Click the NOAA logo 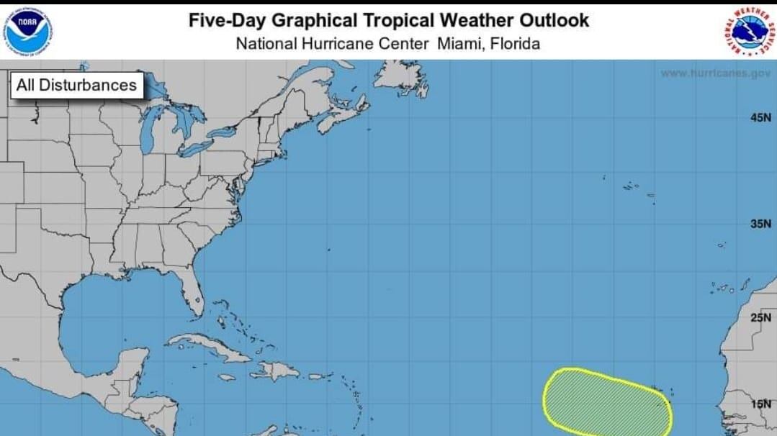point(30,31)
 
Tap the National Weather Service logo point(749,31)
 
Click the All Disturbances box point(76,85)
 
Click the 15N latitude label point(760,404)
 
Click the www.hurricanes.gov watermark point(714,73)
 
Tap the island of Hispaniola point(274,371)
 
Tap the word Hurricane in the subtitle point(341,44)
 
